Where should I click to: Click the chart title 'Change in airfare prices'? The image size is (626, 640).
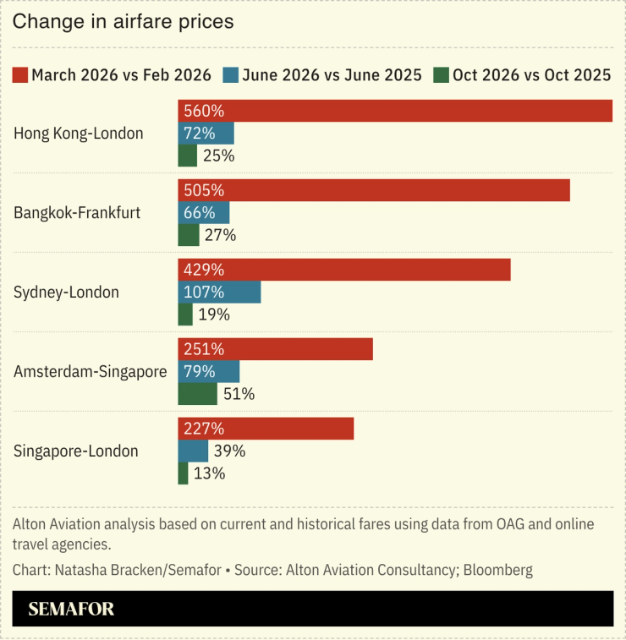tap(123, 22)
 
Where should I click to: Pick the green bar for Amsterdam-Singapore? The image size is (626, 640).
tap(197, 394)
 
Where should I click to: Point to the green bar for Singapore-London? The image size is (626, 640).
tap(183, 473)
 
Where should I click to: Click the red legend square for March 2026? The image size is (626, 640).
tap(21, 75)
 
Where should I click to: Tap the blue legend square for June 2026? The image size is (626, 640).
tap(231, 75)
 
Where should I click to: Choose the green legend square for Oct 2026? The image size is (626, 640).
tap(441, 75)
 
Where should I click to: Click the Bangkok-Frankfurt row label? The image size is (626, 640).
tap(77, 213)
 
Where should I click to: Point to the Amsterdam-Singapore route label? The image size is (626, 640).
tap(91, 371)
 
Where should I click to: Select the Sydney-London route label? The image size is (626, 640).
tap(66, 293)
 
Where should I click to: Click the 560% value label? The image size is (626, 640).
tap(204, 111)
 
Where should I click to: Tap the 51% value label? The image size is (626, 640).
tap(238, 394)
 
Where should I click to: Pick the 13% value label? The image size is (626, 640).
tap(209, 473)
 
